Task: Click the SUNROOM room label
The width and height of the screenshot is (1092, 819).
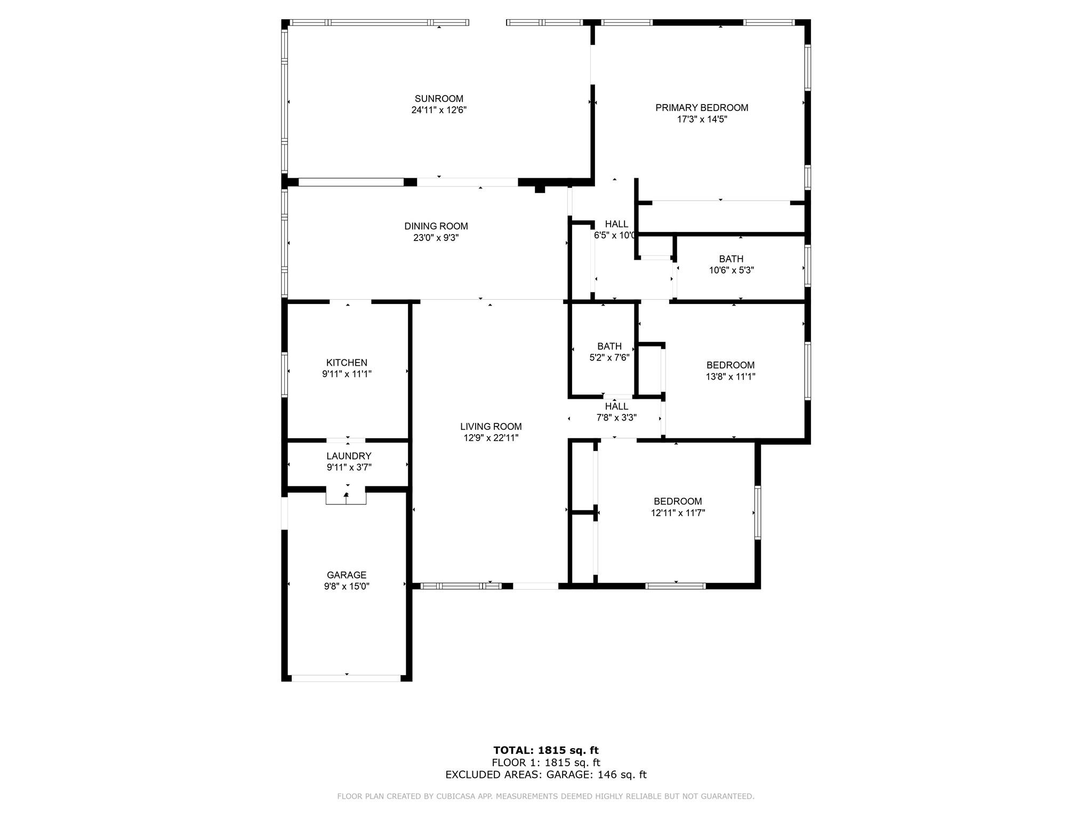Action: pyautogui.click(x=439, y=99)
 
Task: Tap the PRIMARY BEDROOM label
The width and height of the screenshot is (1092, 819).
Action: pyautogui.click(x=702, y=108)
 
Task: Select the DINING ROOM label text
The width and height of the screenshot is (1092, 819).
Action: pyautogui.click(x=436, y=226)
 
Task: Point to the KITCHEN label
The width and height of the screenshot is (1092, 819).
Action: pyautogui.click(x=347, y=363)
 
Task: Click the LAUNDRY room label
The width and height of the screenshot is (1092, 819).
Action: pyautogui.click(x=349, y=456)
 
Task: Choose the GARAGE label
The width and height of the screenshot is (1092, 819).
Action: pyautogui.click(x=347, y=575)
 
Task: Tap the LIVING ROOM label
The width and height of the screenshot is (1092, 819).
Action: pyautogui.click(x=491, y=427)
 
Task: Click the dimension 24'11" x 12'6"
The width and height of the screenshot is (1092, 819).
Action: pyautogui.click(x=439, y=110)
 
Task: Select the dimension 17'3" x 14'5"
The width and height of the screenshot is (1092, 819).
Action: pyautogui.click(x=702, y=119)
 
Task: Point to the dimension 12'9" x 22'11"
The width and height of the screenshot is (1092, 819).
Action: pyautogui.click(x=491, y=438)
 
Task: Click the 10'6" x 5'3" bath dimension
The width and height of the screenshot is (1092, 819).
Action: pyautogui.click(x=731, y=270)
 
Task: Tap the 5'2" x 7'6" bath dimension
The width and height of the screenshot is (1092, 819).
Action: pyautogui.click(x=609, y=358)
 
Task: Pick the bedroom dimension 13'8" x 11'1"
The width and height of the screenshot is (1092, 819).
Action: pyautogui.click(x=730, y=376)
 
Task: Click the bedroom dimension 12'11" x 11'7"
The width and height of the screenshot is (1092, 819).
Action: pyautogui.click(x=678, y=513)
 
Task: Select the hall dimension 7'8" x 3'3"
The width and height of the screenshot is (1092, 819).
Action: pyautogui.click(x=616, y=418)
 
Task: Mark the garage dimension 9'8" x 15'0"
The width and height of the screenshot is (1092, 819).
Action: pyautogui.click(x=347, y=587)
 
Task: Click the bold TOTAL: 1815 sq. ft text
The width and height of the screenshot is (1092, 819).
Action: pyautogui.click(x=546, y=751)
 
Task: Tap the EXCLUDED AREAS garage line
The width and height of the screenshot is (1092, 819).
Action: pyautogui.click(x=546, y=775)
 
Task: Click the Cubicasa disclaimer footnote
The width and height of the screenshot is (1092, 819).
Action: pyautogui.click(x=546, y=796)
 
